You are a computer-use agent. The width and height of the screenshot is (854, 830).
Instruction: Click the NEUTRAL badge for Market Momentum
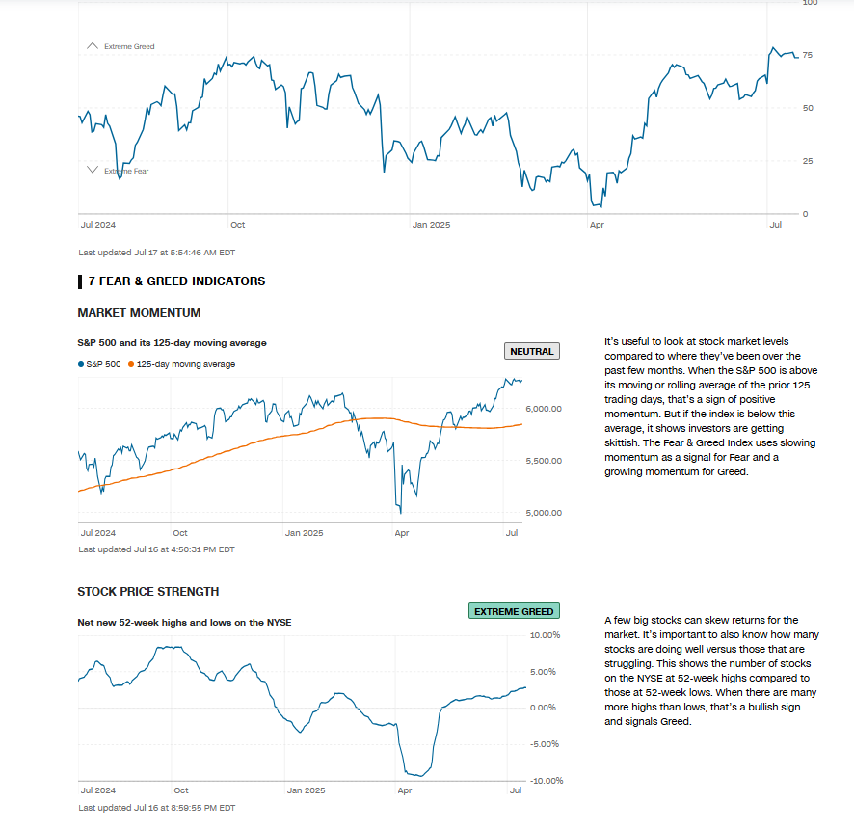pyautogui.click(x=531, y=351)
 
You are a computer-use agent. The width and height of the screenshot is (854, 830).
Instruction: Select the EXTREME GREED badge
pyautogui.click(x=514, y=611)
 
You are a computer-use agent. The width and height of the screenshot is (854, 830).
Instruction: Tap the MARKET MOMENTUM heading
pyautogui.click(x=139, y=313)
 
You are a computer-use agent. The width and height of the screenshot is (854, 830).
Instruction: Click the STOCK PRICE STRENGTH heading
pyautogui.click(x=147, y=592)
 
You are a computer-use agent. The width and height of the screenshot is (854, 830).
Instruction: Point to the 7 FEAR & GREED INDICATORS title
pyautogui.click(x=176, y=281)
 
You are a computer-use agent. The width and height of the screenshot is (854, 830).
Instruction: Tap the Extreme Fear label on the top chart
pyautogui.click(x=126, y=171)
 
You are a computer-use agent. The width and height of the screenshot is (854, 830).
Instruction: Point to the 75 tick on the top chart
pyautogui.click(x=808, y=55)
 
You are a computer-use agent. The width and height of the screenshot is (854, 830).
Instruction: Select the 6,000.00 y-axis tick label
pyautogui.click(x=545, y=409)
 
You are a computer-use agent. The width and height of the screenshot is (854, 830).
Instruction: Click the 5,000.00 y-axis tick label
pyautogui.click(x=545, y=513)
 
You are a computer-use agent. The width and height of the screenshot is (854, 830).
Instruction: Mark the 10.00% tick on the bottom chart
pyautogui.click(x=545, y=635)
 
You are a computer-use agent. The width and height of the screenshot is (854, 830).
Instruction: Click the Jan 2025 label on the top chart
pyautogui.click(x=431, y=225)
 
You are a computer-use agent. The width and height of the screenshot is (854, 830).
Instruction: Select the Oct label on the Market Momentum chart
pyautogui.click(x=180, y=532)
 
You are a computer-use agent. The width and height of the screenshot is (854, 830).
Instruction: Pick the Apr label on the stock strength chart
pyautogui.click(x=405, y=790)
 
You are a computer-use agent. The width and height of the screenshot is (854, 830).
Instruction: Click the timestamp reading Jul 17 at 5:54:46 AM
pyautogui.click(x=156, y=253)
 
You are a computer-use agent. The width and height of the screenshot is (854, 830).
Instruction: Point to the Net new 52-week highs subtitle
pyautogui.click(x=184, y=622)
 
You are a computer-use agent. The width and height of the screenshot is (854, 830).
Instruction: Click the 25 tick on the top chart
pyautogui.click(x=808, y=160)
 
